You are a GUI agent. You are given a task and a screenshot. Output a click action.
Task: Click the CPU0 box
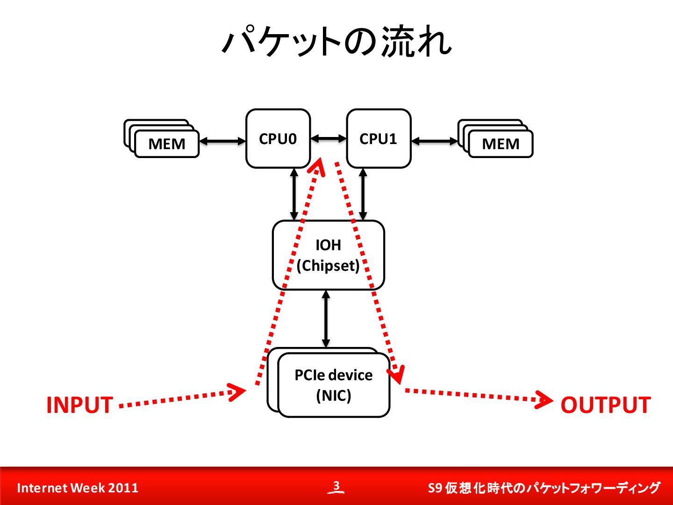point(278,138)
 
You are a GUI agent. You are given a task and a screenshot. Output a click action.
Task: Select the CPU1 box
point(379,138)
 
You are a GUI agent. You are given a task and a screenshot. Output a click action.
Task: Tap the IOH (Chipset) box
point(329,255)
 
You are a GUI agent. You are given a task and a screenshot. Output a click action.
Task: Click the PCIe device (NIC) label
point(334,385)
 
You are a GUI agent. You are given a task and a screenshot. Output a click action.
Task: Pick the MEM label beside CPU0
point(167,144)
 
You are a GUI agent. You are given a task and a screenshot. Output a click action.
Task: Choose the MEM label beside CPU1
point(501,144)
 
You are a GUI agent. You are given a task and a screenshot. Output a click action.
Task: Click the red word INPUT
point(80,405)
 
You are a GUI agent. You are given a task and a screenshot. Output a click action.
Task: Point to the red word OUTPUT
point(606,405)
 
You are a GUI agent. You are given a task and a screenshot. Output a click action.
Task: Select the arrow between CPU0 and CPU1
point(329,138)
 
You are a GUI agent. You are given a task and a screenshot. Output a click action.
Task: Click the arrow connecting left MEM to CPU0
point(222,141)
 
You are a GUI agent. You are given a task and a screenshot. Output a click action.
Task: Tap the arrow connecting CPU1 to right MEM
point(435,141)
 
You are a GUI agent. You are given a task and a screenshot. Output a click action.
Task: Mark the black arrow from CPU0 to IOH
point(294,195)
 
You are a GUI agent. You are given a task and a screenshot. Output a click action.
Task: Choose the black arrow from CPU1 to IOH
point(363,195)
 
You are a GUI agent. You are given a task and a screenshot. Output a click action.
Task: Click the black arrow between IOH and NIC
point(326,319)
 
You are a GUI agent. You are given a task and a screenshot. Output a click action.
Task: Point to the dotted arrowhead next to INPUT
point(236,392)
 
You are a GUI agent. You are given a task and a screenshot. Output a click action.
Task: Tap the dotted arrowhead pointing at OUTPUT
point(544,400)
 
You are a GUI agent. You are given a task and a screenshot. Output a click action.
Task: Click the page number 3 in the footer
point(336,485)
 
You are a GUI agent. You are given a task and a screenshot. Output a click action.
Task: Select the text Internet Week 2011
point(78,488)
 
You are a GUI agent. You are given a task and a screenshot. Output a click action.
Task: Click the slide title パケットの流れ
point(336,42)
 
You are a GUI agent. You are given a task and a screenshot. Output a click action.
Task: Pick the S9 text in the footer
point(435,488)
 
